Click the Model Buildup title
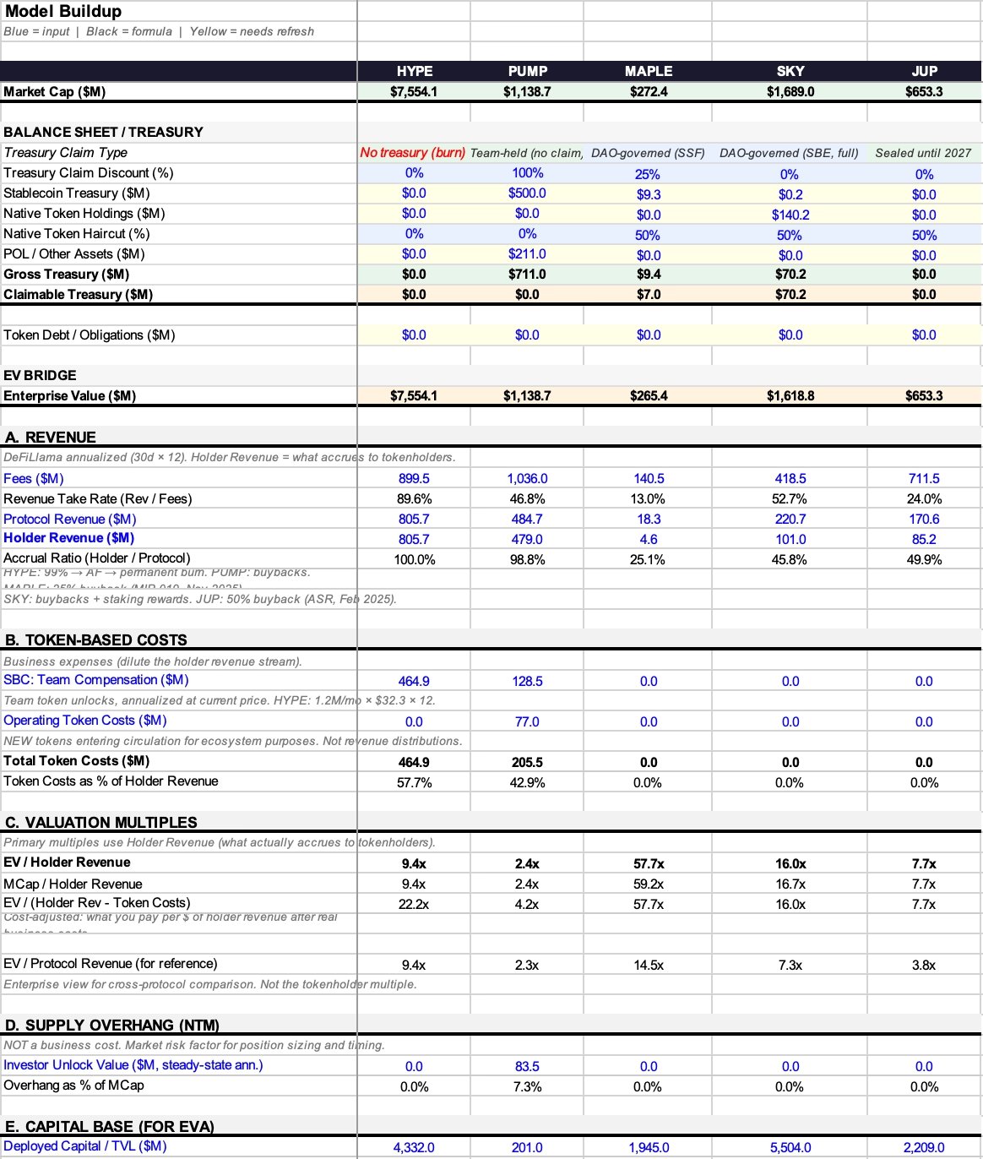click(63, 12)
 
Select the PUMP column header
click(528, 71)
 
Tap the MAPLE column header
click(649, 71)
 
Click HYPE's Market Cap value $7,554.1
click(414, 91)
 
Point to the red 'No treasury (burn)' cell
click(413, 153)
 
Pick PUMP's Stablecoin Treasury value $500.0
click(527, 193)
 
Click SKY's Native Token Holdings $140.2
click(790, 215)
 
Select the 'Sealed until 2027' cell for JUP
click(923, 153)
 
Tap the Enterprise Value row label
click(69, 396)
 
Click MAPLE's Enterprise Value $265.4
click(649, 396)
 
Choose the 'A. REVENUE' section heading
click(50, 438)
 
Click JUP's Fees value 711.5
click(924, 479)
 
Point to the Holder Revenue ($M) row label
click(68, 538)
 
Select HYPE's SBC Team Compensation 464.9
click(414, 681)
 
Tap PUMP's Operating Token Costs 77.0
click(527, 721)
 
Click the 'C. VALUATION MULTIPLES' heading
click(100, 823)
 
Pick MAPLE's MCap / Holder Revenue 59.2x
click(649, 884)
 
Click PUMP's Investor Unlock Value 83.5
click(527, 1067)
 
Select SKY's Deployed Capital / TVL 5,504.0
click(790, 1147)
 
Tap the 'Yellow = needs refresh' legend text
click(252, 31)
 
